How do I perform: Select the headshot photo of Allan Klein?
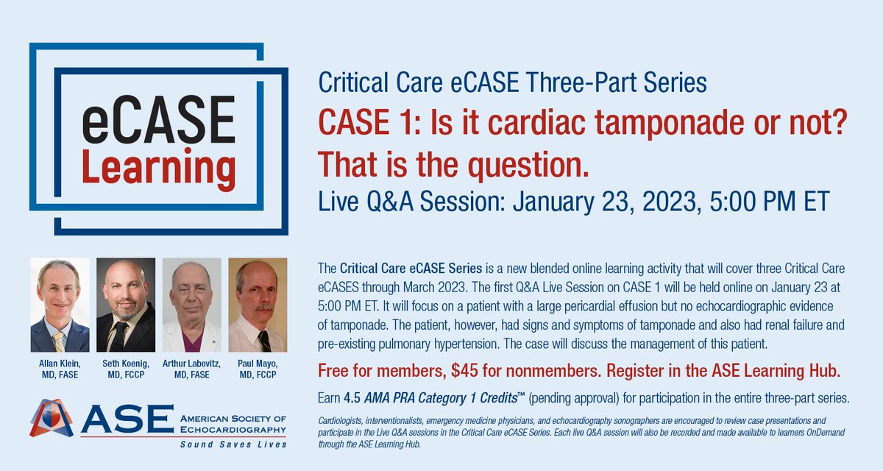pos(60,304)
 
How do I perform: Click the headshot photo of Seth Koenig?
pos(126,304)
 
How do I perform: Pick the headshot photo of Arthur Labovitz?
pos(191,304)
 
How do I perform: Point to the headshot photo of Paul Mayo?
pos(258,304)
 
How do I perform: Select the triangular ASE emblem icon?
pos(52,418)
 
